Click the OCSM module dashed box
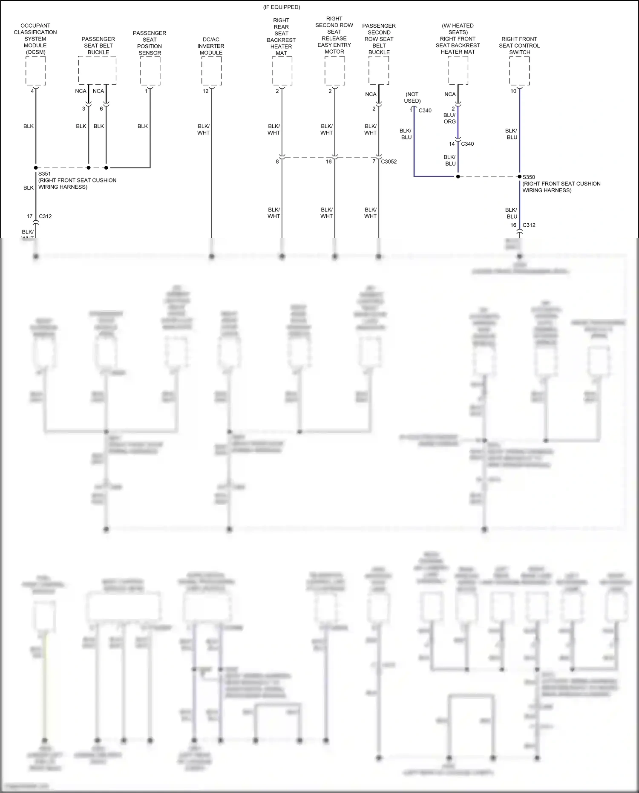coord(36,71)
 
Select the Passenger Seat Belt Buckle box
coord(97,71)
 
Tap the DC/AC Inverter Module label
coord(211,46)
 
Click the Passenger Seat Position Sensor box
coord(150,71)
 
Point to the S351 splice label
coord(44,174)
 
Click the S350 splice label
coord(529,177)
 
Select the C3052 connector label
coord(389,161)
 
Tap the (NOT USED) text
coord(412,98)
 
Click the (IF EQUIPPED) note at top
coord(282,7)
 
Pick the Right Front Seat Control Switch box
coord(519,71)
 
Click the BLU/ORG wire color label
coord(449,118)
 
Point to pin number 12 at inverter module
coord(206,91)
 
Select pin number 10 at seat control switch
coord(513,91)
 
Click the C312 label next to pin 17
coord(45,216)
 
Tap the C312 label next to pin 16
coord(529,225)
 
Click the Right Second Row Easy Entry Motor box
coord(334,71)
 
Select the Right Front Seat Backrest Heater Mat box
coord(458,71)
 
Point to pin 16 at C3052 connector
coord(328,161)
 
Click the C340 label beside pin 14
coord(467,144)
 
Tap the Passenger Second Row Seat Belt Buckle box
coord(379,71)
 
